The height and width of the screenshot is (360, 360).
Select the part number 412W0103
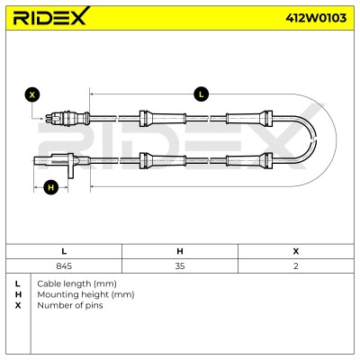pyautogui.click(x=316, y=18)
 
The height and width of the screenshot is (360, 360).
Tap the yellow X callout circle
pyautogui.click(x=32, y=95)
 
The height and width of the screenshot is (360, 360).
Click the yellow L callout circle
pyautogui.click(x=201, y=94)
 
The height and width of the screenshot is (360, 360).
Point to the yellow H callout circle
pyautogui.click(x=50, y=187)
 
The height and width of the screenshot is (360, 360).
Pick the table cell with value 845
pyautogui.click(x=64, y=266)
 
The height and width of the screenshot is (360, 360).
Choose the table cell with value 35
pyautogui.click(x=180, y=266)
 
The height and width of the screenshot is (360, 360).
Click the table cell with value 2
pyautogui.click(x=296, y=266)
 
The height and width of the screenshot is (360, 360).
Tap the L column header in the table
pyautogui.click(x=64, y=251)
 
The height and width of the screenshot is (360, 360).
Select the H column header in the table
pyautogui.click(x=180, y=251)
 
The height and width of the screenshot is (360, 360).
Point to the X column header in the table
pyautogui.click(x=296, y=251)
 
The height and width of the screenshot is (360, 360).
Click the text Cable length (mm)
pyautogui.click(x=76, y=283)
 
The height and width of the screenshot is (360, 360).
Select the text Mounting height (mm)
pyautogui.click(x=85, y=294)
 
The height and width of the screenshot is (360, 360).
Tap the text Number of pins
pyautogui.click(x=70, y=305)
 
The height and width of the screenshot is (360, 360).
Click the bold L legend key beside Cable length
pyautogui.click(x=18, y=283)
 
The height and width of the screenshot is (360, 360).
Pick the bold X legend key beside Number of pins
pyautogui.click(x=18, y=305)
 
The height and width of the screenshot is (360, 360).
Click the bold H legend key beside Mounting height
pyautogui.click(x=18, y=294)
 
